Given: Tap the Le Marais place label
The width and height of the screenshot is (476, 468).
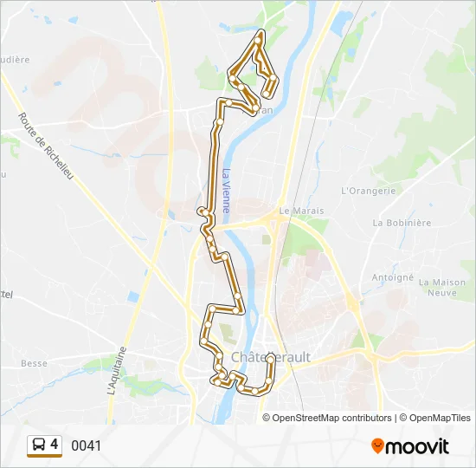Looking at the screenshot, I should (x=294, y=211).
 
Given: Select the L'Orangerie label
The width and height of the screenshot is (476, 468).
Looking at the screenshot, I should (x=368, y=191).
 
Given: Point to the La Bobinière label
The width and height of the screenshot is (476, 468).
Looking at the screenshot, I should (x=402, y=223).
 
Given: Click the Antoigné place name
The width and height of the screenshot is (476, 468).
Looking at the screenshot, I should (x=392, y=277).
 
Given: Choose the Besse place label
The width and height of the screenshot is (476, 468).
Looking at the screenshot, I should (x=34, y=363).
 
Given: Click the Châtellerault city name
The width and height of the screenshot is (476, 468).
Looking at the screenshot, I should (x=271, y=357).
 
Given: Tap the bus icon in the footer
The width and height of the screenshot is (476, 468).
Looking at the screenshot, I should (x=38, y=445).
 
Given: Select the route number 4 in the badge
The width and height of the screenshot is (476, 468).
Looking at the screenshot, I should (x=55, y=445).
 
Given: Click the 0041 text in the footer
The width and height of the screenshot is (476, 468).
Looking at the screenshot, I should (x=86, y=445).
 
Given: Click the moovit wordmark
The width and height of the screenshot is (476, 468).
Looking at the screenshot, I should (x=417, y=446).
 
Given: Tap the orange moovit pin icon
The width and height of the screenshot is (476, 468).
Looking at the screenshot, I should (x=377, y=446).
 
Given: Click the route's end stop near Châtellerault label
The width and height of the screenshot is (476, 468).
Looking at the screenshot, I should (x=271, y=357).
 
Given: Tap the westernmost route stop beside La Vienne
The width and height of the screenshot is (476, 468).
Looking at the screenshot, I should (x=201, y=211).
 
